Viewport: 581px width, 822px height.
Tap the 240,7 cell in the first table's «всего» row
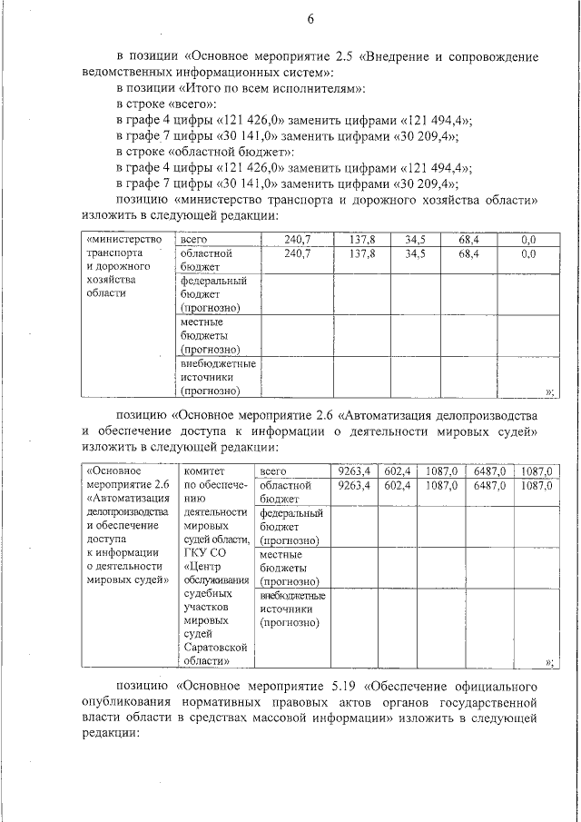coord(297,240)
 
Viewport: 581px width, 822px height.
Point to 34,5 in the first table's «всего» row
coord(415,240)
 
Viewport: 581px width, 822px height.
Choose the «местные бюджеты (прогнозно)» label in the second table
coord(289,567)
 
